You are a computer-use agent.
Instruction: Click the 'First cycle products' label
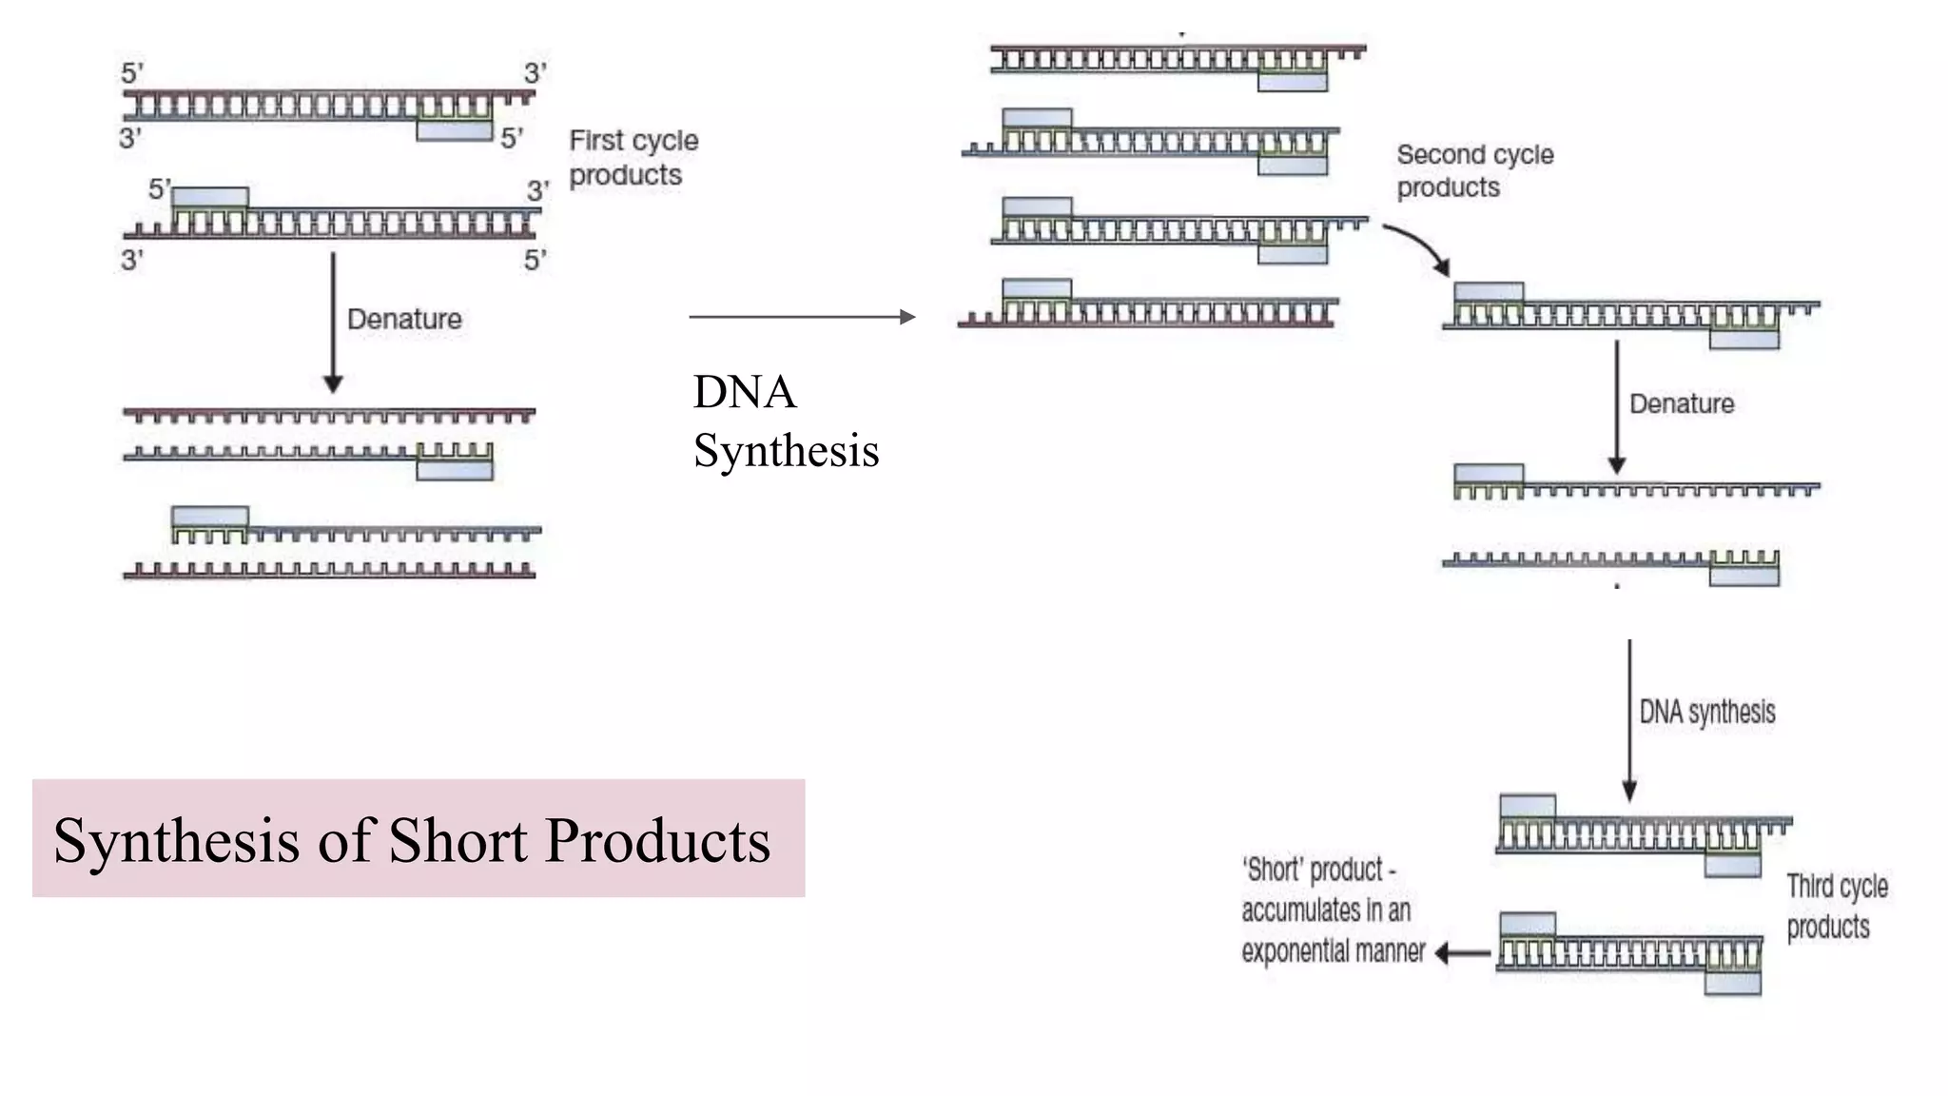[633, 158]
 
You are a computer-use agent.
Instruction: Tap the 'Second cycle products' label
[1473, 171]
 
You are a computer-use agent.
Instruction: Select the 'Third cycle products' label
[1836, 906]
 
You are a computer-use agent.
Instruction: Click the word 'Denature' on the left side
[404, 319]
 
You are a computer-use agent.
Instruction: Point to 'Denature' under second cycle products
[1681, 403]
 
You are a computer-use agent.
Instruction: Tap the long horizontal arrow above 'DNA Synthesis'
[801, 317]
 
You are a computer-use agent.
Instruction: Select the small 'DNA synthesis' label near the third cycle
[1706, 712]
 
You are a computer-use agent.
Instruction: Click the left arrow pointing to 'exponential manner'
[1463, 952]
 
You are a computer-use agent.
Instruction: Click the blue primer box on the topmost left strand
[454, 130]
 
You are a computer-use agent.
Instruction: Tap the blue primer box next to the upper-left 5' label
[210, 197]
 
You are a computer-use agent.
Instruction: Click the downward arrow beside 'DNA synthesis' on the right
[1628, 719]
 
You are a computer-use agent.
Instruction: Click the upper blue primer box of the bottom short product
[1528, 924]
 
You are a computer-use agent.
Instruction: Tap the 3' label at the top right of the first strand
[535, 73]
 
